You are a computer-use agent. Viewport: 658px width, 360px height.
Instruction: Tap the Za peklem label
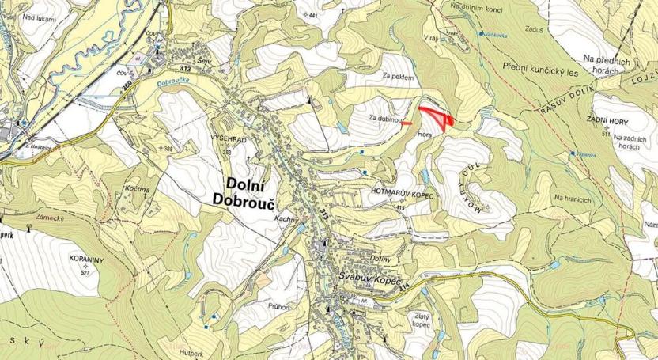pos(398,76)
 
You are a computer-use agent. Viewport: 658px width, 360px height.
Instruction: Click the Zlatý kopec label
pos(421,320)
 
